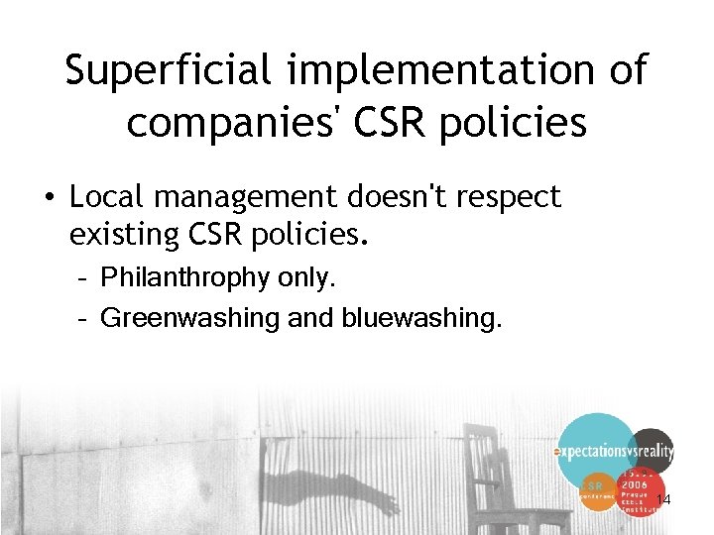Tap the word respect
click(511, 197)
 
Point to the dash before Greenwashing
click(84, 319)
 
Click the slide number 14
click(663, 500)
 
